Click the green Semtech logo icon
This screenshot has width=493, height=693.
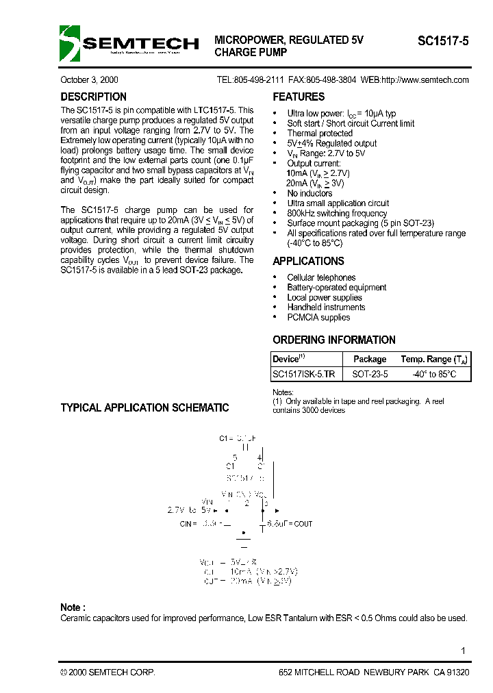click(69, 43)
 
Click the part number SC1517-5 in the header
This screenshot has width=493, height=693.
click(443, 41)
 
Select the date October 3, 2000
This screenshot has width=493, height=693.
click(89, 80)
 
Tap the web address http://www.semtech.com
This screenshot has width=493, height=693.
click(425, 80)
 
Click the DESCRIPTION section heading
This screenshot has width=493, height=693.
click(93, 97)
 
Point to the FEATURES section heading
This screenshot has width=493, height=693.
click(299, 97)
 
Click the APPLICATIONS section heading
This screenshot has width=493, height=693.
click(308, 262)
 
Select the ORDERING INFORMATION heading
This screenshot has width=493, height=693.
click(333, 340)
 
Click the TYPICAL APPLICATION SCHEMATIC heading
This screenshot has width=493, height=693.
click(144, 408)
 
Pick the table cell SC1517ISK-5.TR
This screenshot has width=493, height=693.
click(304, 375)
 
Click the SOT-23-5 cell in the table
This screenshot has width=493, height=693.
click(370, 375)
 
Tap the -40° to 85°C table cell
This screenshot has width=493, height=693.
click(433, 375)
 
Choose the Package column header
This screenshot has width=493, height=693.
click(370, 359)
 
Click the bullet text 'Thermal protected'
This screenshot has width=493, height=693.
click(320, 134)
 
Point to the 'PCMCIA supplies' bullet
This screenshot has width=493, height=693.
click(318, 318)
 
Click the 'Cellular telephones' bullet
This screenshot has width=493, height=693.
click(321, 278)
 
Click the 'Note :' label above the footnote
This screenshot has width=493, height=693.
click(73, 607)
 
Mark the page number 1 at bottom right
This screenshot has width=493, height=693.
click(464, 651)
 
